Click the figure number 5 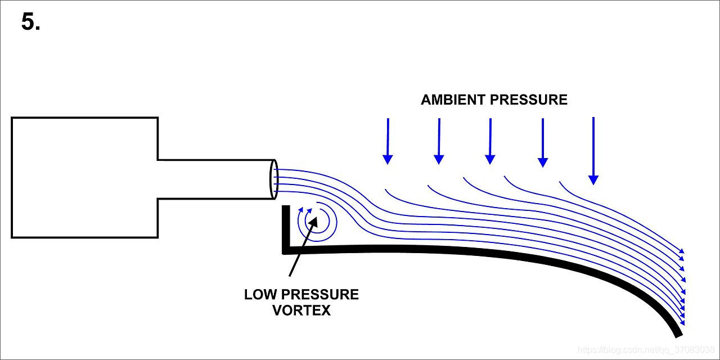tap(30, 22)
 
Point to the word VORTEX tap(301, 310)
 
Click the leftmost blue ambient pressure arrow tap(387, 141)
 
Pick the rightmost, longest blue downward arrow tap(593, 151)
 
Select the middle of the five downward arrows tap(490, 141)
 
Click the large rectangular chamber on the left tap(84, 177)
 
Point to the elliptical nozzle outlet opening tap(274, 179)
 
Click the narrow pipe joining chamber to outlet tap(214, 179)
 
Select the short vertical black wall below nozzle tap(286, 228)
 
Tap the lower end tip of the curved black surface tap(683, 331)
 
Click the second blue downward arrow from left tap(439, 141)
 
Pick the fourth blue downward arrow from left tap(542, 142)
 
